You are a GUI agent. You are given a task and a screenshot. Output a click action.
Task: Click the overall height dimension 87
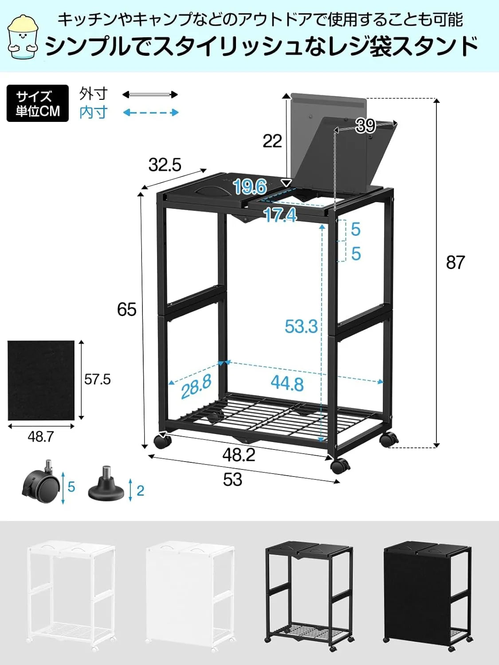[x=455, y=262]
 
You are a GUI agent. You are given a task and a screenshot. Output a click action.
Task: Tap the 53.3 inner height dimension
[x=301, y=326]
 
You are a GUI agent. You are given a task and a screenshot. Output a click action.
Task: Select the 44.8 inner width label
[x=287, y=383]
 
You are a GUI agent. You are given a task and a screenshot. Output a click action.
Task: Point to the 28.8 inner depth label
[x=196, y=386]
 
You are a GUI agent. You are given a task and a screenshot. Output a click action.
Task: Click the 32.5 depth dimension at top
[x=165, y=165]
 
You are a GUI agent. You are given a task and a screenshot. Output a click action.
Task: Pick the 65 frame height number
[x=126, y=309]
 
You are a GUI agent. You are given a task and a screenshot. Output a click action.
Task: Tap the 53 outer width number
[x=232, y=480]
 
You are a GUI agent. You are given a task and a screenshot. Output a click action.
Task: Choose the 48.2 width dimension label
[x=239, y=455]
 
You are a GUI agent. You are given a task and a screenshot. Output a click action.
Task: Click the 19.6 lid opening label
[x=250, y=187]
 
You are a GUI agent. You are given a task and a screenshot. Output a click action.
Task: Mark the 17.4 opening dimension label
[x=280, y=215]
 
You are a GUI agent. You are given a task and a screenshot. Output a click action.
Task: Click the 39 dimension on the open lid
[x=365, y=126]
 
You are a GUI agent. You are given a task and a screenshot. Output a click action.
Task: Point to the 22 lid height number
[x=272, y=141]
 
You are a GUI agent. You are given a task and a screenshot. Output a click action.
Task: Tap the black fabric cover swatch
[x=41, y=380]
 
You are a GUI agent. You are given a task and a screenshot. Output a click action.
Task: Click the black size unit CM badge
[x=38, y=103]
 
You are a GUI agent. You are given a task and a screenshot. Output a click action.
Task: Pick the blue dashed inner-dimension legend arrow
[x=151, y=113]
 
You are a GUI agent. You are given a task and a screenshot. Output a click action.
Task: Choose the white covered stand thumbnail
[x=190, y=594]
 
